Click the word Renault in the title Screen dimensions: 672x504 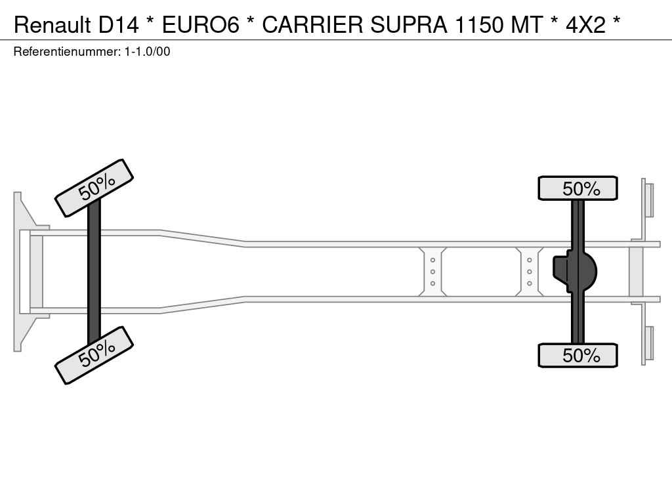click(52, 25)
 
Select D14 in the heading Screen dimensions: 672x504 click(119, 25)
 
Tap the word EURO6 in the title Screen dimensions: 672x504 click(200, 25)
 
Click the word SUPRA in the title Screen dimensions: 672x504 click(409, 25)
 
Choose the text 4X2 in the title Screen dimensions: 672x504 click(585, 25)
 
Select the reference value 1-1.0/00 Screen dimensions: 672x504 click(148, 52)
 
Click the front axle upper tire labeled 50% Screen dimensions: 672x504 click(94, 188)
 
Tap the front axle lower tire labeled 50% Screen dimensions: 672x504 click(94, 355)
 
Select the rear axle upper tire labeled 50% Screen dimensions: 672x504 click(577, 188)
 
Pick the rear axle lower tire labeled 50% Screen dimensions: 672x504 click(577, 355)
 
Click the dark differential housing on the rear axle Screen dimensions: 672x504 click(575, 271)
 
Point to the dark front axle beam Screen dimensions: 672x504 click(94, 272)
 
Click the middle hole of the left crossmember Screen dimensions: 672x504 click(432, 272)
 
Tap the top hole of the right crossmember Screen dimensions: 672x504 click(530, 260)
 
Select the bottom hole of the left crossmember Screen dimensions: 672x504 click(432, 283)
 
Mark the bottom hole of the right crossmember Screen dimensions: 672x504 click(530, 283)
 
